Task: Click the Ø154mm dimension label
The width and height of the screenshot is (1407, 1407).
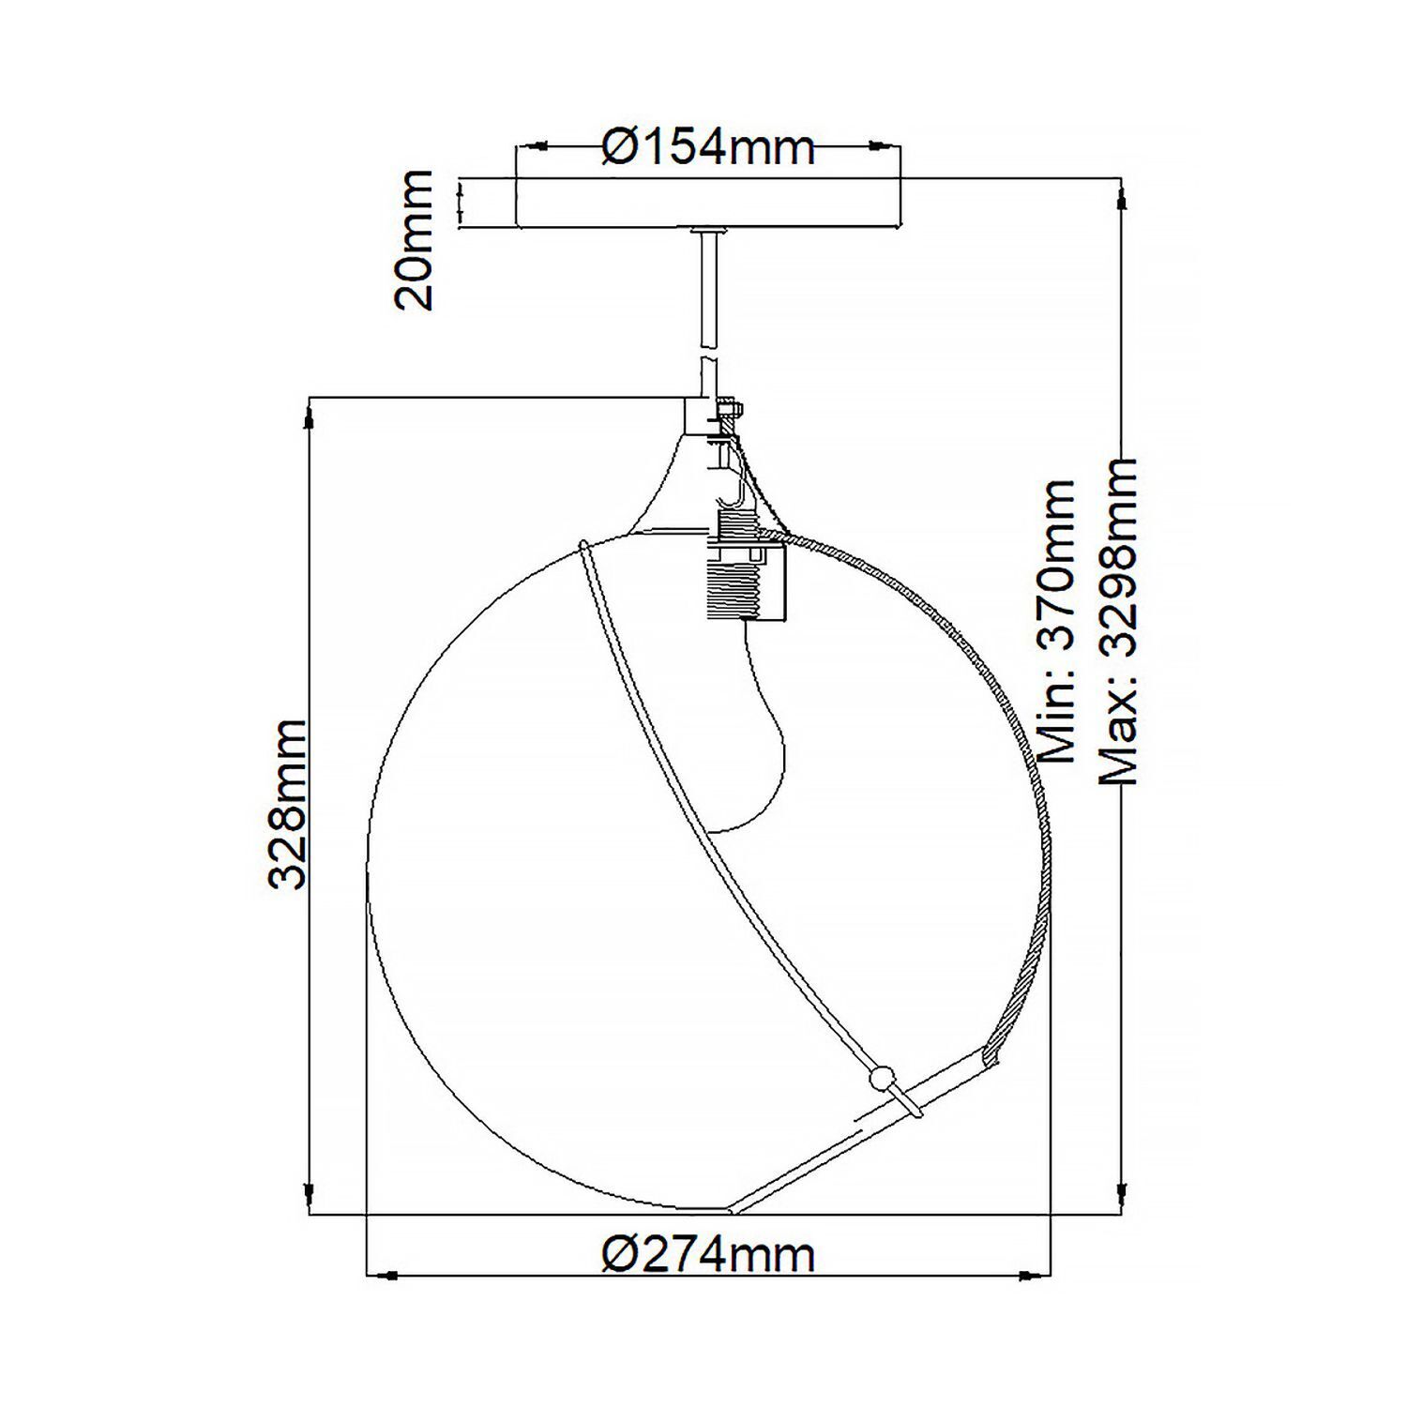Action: click(x=708, y=147)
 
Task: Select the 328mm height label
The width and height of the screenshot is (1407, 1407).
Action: click(x=287, y=804)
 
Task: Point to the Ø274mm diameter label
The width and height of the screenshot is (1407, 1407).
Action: click(x=708, y=1254)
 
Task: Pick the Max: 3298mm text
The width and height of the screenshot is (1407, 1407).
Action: click(x=1118, y=621)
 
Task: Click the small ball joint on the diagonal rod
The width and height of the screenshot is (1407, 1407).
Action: click(x=880, y=1079)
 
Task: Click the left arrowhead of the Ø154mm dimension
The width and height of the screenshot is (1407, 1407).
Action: click(x=535, y=146)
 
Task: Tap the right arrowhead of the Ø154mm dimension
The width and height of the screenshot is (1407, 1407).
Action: click(x=883, y=146)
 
